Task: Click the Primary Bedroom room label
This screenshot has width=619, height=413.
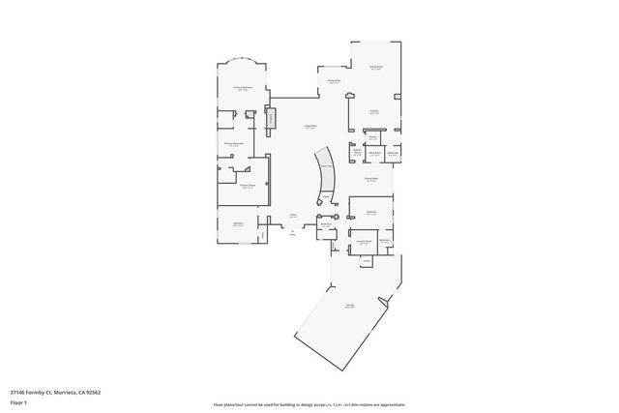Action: (x=243, y=88)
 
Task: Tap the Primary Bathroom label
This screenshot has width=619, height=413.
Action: (x=233, y=144)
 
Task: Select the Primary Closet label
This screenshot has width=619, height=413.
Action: (x=248, y=186)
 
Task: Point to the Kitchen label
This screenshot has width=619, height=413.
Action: (x=373, y=112)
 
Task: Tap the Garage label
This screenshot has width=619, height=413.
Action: (x=349, y=307)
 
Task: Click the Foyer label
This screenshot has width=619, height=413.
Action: (x=292, y=216)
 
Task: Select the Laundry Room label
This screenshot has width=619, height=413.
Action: (x=364, y=242)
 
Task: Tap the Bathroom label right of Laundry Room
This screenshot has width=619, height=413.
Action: (x=384, y=241)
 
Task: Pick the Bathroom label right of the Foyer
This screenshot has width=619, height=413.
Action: (x=326, y=225)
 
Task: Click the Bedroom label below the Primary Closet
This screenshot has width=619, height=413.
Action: (x=238, y=224)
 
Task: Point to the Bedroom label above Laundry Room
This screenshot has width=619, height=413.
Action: (x=370, y=211)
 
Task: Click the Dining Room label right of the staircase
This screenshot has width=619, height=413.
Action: (x=370, y=179)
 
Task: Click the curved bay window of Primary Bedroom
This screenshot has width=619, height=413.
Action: (x=242, y=61)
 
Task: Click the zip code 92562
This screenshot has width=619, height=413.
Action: (x=93, y=391)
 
